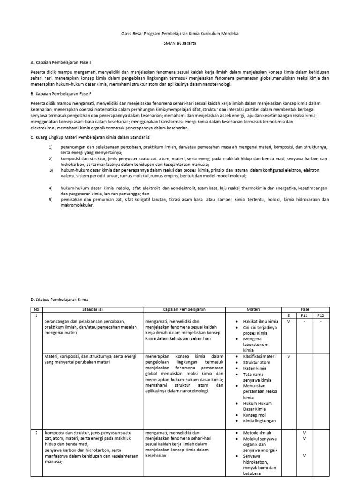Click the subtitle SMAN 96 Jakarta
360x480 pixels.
(180, 43)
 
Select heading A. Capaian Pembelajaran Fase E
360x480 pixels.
(61, 62)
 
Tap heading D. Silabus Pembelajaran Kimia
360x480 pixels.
(60, 299)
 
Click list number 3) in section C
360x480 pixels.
(51, 170)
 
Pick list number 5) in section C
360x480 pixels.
(51, 199)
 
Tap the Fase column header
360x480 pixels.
(305, 309)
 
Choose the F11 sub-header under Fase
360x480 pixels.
(304, 315)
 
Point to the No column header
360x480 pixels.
(36, 309)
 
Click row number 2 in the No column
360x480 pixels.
(36, 432)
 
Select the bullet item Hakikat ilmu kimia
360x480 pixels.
(260, 321)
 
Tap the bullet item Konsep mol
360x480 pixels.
(256, 415)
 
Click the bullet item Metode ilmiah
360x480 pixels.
(257, 432)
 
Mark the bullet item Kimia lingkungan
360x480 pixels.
(260, 421)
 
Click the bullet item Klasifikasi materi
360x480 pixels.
(259, 356)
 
